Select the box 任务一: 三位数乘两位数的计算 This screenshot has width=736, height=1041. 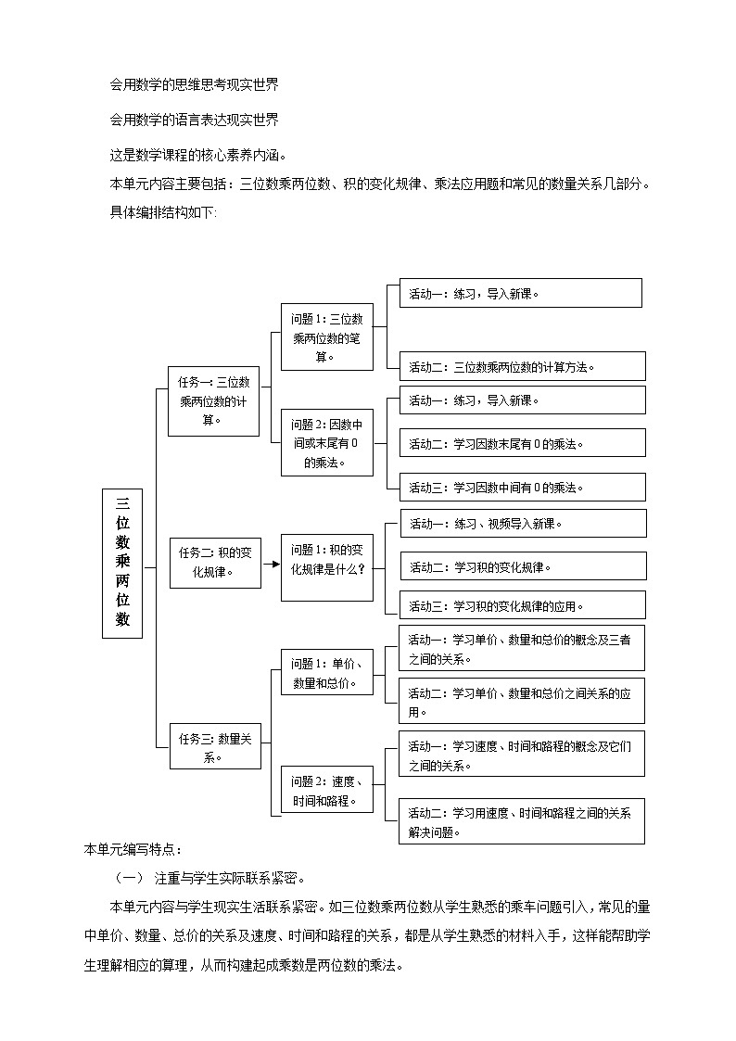pos(213,400)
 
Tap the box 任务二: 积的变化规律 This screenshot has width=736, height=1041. pos(214,562)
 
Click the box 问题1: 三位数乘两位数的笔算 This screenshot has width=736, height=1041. pos(326,336)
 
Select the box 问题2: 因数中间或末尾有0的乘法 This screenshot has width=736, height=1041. pos(326,442)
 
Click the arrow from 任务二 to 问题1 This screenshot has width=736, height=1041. pos(271,563)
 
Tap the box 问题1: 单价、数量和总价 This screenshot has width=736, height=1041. pos(326,672)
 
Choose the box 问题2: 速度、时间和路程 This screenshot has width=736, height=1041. pos(326,790)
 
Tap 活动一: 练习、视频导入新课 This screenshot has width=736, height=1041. pos(522,523)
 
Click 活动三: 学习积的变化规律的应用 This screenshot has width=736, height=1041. pos(522,605)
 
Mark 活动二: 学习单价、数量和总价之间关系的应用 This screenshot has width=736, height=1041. pos(522,701)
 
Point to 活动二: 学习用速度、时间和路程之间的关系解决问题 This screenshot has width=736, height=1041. pos(522,821)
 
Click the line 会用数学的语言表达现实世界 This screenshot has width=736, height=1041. pos(195,119)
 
